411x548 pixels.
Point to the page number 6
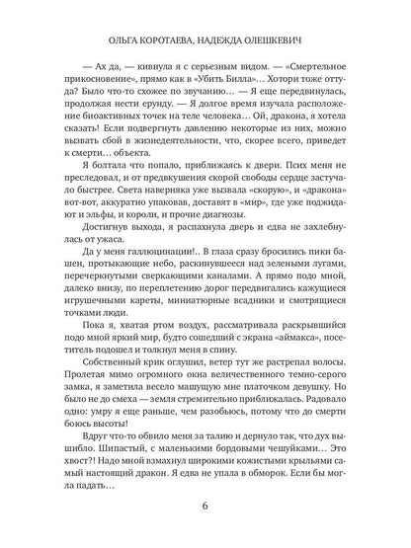(x=204, y=509)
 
